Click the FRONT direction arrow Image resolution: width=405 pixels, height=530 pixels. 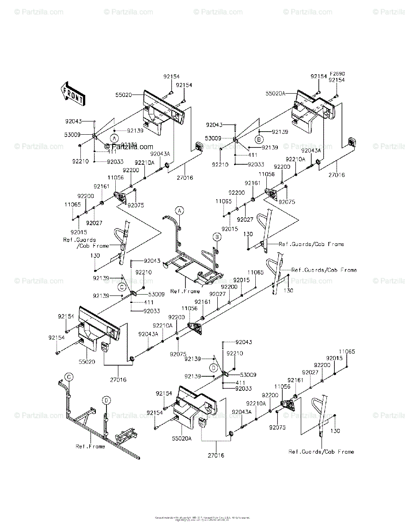pos(73,93)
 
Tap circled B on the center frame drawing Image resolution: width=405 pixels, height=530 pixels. pos(217,238)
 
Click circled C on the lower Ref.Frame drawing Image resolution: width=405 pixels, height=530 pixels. pos(69,377)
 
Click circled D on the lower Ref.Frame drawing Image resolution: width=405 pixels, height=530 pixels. pos(106,400)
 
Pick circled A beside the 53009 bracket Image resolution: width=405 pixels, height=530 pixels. pos(114,138)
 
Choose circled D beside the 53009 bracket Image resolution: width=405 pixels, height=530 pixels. pos(214,367)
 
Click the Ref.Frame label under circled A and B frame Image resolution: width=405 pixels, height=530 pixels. pos(185,291)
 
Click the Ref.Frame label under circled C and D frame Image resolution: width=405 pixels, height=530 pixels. pos(90,447)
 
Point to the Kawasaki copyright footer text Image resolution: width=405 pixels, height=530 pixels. pos(202,518)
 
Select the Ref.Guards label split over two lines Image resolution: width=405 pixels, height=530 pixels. pos(79,242)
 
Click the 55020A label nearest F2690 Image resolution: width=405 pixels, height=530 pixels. pos(276,94)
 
